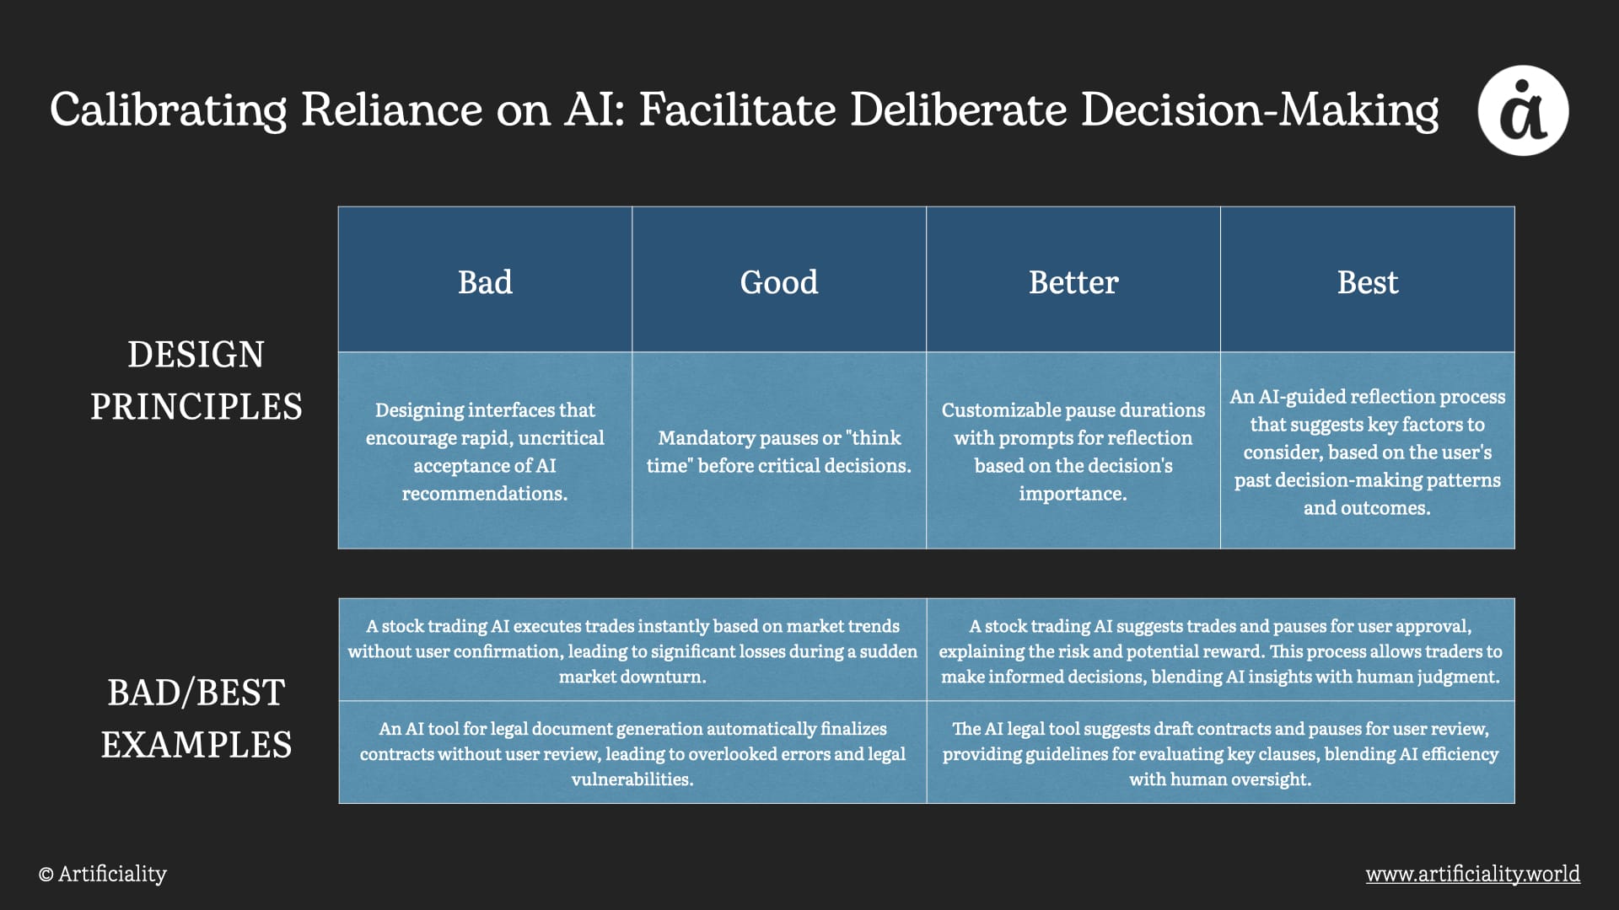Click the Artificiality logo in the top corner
[x=1523, y=110]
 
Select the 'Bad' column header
[x=485, y=281]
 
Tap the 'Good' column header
[x=779, y=281]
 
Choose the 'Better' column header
[x=1073, y=281]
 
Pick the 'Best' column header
[x=1368, y=281]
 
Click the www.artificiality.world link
[x=1473, y=874]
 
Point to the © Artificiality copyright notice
[x=103, y=874]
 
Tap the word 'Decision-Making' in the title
[x=1260, y=110]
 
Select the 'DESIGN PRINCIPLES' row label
[x=196, y=380]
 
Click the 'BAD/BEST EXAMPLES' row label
[x=196, y=718]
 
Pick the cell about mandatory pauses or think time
[x=779, y=451]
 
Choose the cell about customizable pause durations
[x=1073, y=451]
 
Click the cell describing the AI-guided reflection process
[x=1368, y=451]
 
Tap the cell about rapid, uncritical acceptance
[x=485, y=451]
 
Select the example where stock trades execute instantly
[x=632, y=650]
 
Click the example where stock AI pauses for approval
[x=1221, y=650]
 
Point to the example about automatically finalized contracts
[x=632, y=752]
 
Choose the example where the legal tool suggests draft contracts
[x=1221, y=752]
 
